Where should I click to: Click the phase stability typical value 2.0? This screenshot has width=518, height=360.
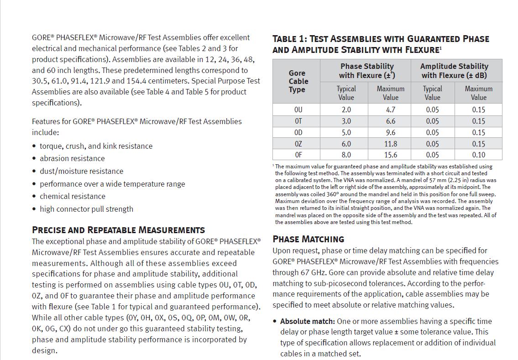pos(346,110)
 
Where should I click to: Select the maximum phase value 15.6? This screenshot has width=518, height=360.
pos(390,155)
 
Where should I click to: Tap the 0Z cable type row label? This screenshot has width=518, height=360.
pos(298,144)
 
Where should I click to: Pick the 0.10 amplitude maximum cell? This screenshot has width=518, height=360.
pos(478,155)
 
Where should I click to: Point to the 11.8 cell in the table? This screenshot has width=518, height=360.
pos(390,144)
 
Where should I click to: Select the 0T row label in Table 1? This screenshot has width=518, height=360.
pos(298,121)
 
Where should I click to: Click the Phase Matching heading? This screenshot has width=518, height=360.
pos(308,239)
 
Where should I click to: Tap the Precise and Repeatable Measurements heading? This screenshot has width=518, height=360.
pos(118,230)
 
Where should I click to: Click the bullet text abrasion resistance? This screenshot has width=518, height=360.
pos(72,158)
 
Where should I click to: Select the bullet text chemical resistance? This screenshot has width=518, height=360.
pos(72,196)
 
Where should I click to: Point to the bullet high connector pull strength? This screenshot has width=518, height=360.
pos(86,209)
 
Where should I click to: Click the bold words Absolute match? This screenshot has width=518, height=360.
pos(307,321)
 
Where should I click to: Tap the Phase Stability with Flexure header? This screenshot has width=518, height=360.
pos(367,71)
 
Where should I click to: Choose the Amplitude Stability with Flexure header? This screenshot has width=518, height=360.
pos(454,71)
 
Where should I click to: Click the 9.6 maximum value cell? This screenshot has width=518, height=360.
pos(390,132)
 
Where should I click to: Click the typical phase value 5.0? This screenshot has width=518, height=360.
pos(346,132)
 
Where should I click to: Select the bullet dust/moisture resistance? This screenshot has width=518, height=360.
pos(81,171)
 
